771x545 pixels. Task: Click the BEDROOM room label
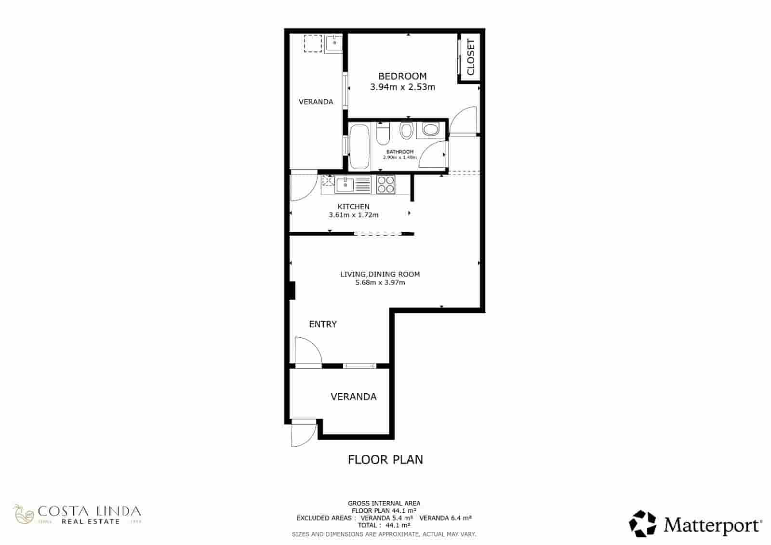(402, 76)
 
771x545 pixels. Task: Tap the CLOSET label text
(471, 57)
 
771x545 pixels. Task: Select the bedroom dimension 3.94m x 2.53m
(402, 87)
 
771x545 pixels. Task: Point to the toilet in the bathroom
(383, 133)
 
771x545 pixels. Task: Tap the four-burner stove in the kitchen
(385, 184)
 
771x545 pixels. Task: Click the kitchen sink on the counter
(346, 184)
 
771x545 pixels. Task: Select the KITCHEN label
(353, 207)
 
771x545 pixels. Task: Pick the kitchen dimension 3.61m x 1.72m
(353, 215)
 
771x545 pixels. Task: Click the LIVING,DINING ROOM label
(380, 274)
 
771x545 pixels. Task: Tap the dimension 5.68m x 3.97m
(380, 283)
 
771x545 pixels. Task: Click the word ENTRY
(323, 324)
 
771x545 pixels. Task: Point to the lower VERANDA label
(353, 397)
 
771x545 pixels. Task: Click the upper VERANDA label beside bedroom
(316, 102)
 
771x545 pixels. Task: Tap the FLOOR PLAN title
(385, 459)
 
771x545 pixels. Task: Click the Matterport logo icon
(642, 523)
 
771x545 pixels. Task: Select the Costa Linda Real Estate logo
(77, 515)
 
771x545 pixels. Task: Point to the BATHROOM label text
(399, 152)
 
